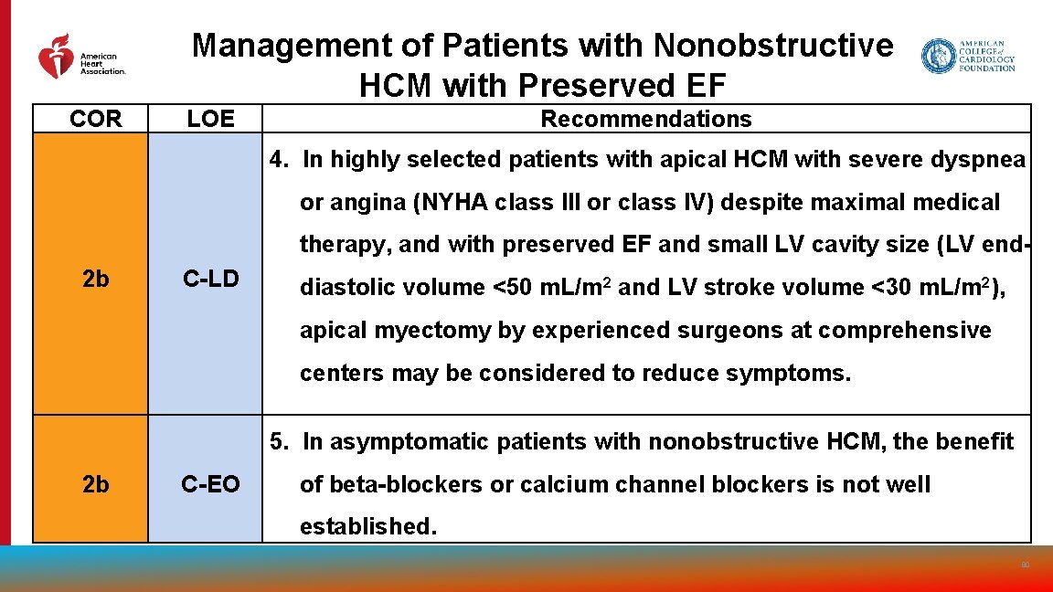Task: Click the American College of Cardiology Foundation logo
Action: [x=968, y=56]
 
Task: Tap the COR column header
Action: [x=95, y=119]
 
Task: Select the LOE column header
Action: [x=210, y=119]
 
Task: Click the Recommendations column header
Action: [x=645, y=119]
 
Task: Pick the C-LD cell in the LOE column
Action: [x=210, y=280]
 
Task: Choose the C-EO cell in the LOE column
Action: [x=210, y=484]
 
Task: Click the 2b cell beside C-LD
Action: [x=95, y=280]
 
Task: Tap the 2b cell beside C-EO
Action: [x=95, y=484]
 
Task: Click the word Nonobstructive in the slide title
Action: [x=772, y=45]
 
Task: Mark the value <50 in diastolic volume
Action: [x=513, y=288]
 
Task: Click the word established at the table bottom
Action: [x=367, y=527]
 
